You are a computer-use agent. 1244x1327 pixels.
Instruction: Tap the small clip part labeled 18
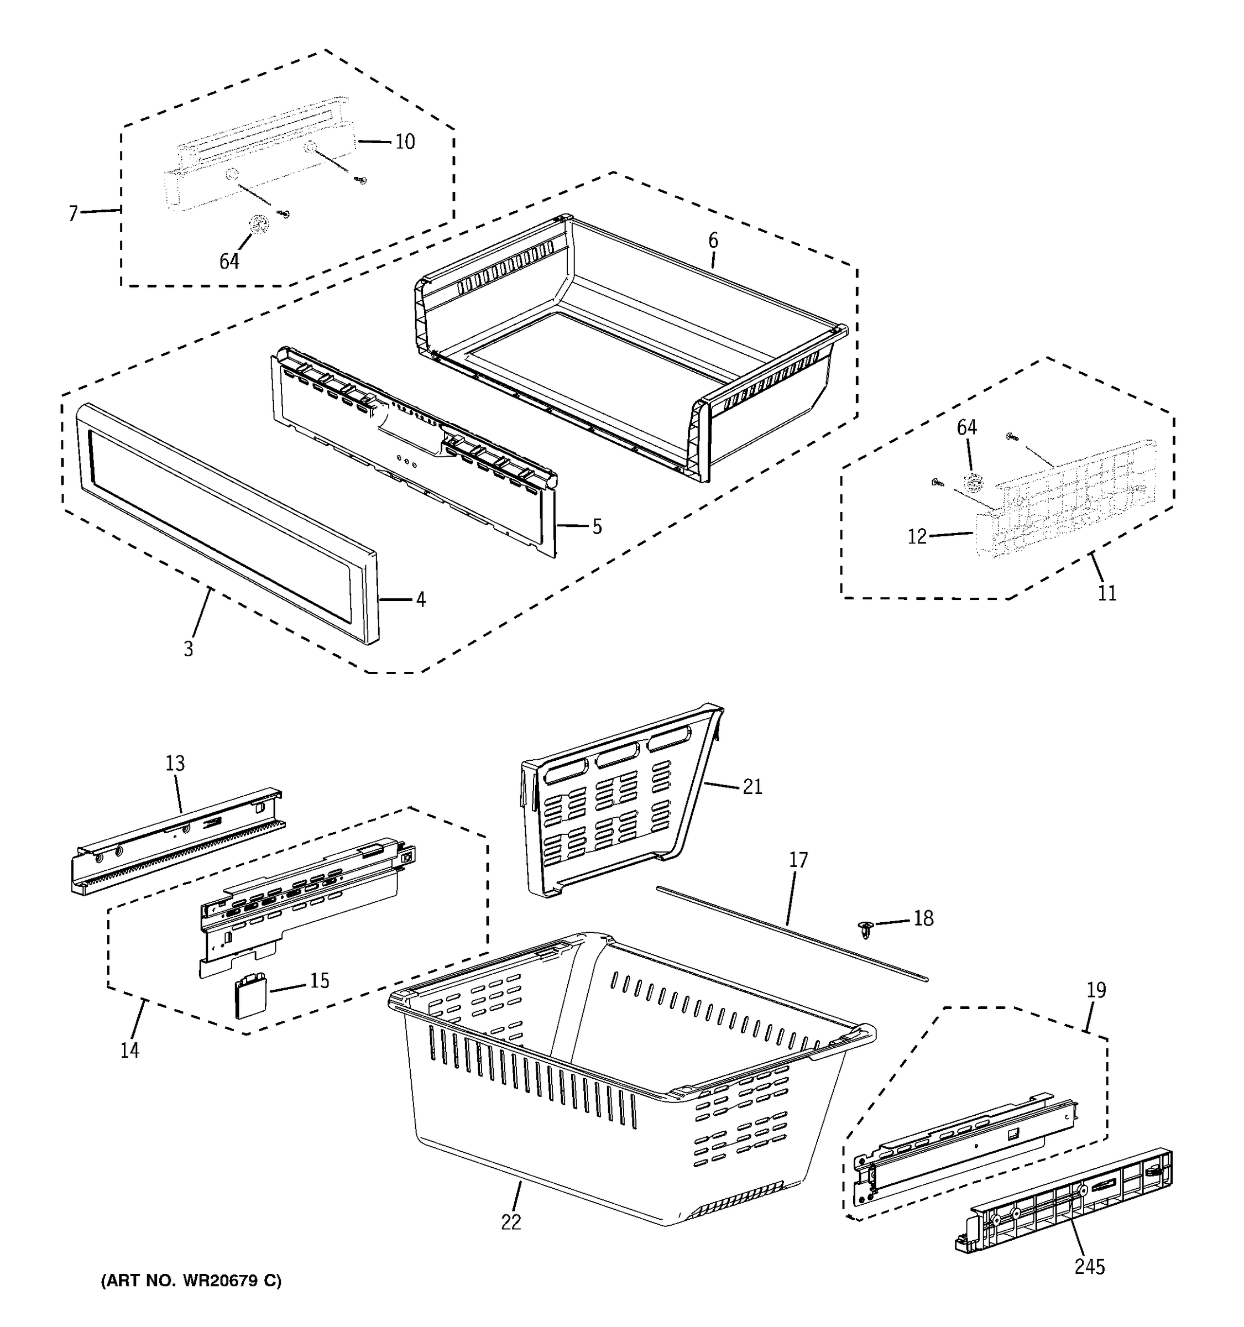[866, 928]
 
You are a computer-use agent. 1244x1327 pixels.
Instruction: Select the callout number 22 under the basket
[510, 1222]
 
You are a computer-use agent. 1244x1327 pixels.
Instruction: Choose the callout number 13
[175, 763]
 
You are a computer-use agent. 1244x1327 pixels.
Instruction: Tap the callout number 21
[752, 787]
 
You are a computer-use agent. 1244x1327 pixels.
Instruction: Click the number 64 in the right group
[966, 428]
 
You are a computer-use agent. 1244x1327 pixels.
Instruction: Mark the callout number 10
[404, 142]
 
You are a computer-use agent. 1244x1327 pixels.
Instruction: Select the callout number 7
[73, 213]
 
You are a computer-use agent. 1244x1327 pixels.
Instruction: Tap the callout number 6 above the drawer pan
[713, 241]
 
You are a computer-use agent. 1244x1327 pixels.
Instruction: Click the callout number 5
[597, 527]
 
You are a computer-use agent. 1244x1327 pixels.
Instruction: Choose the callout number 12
[917, 536]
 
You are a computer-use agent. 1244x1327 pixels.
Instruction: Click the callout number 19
[1096, 989]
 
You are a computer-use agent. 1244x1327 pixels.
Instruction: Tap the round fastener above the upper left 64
[258, 224]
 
